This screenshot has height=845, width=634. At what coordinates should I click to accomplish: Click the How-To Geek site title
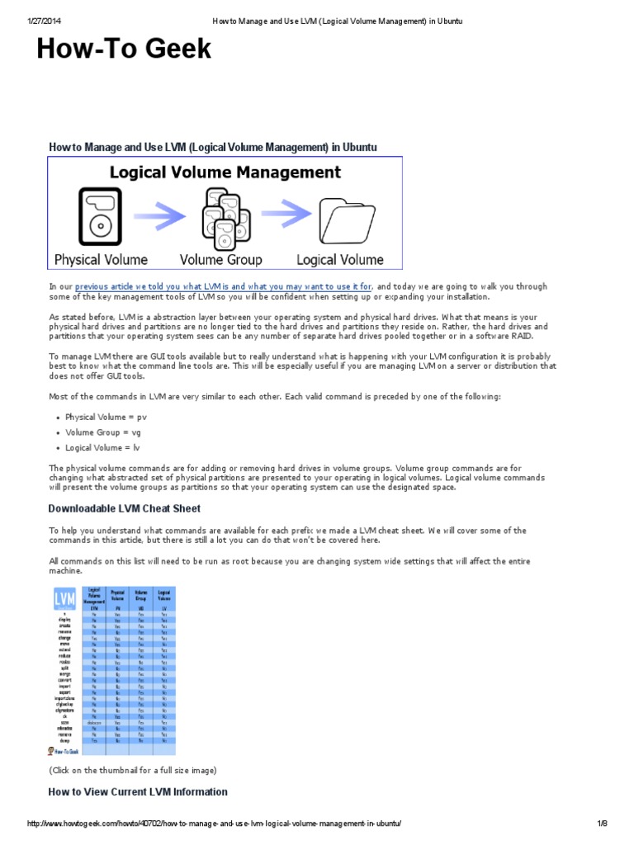pos(124,50)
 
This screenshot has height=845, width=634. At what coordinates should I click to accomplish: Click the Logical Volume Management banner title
pos(225,172)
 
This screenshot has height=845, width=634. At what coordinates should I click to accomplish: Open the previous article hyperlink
pos(224,286)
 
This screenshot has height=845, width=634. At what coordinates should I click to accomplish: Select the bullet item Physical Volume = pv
pos(106,417)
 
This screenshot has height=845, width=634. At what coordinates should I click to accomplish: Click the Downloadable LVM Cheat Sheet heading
pos(124,508)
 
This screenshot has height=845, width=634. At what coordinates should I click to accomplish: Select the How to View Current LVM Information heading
pos(138,791)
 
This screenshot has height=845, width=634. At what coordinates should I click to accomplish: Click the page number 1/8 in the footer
pos(602,824)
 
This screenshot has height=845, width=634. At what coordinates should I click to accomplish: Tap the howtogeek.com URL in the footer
pos(215,824)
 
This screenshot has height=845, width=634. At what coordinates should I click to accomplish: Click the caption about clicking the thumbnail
pos(132,771)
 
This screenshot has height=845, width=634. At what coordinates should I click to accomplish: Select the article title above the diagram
pos(212,147)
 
